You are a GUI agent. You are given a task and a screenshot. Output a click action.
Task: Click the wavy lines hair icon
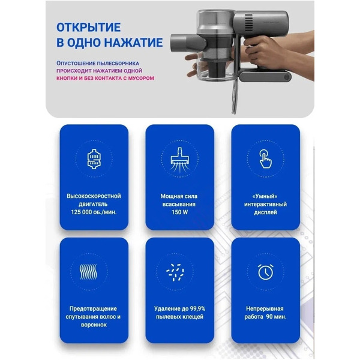coord(94,270)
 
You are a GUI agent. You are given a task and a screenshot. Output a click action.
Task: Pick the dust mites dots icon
coord(179,270)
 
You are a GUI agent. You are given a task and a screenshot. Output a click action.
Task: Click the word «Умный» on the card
coord(265,196)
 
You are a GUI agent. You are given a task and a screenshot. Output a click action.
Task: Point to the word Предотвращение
coord(94,308)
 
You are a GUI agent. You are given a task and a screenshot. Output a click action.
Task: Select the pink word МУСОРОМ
coord(137,78)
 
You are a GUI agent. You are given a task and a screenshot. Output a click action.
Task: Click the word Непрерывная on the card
coord(265,308)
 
